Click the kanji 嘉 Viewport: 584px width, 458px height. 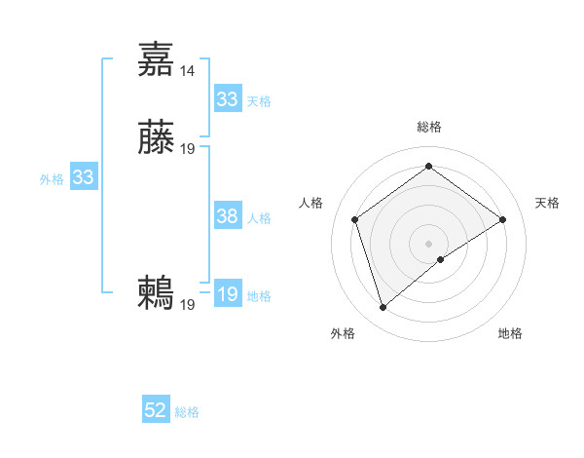[157, 58]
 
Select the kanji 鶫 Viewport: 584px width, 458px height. [157, 293]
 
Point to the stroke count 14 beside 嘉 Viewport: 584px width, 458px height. [188, 70]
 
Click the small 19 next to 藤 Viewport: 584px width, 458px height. [188, 149]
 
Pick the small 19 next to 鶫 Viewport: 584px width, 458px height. [188, 305]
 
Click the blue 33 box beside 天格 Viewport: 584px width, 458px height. [228, 99]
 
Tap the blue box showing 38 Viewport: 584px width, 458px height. [228, 217]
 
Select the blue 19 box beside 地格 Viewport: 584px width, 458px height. [228, 295]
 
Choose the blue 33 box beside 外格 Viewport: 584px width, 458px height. [84, 178]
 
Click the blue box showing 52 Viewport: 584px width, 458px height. [156, 411]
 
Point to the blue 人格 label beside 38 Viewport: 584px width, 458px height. [259, 218]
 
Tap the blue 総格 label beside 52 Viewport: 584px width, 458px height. [187, 412]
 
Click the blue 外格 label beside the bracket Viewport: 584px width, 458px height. [52, 179]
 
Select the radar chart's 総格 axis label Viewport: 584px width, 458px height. [428, 127]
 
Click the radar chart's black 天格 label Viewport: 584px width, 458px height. [547, 203]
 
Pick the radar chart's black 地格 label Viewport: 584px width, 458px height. [510, 333]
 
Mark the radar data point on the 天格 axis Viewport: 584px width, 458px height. [502, 219]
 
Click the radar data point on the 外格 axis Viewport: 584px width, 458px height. [383, 308]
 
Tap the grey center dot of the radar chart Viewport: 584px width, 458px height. [428, 243]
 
